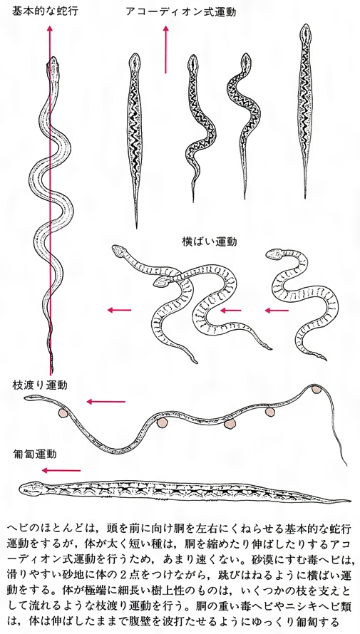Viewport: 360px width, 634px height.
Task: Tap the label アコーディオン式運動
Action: click(x=181, y=11)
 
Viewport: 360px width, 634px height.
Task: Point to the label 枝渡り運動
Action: click(x=40, y=385)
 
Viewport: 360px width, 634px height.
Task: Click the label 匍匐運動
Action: click(x=35, y=454)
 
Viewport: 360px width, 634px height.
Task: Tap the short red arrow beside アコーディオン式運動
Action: click(x=165, y=49)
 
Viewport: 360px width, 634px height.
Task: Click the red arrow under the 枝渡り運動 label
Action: click(x=106, y=402)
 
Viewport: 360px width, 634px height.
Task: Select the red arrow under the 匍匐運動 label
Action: click(x=61, y=470)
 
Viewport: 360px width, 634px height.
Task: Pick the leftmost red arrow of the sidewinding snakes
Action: click(x=120, y=310)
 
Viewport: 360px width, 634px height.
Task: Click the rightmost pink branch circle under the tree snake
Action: click(x=315, y=390)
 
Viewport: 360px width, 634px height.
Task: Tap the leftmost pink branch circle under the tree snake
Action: click(x=63, y=413)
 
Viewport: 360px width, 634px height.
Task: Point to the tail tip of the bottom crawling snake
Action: click(x=349, y=501)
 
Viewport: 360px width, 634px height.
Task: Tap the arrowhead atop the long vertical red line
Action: click(x=50, y=28)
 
